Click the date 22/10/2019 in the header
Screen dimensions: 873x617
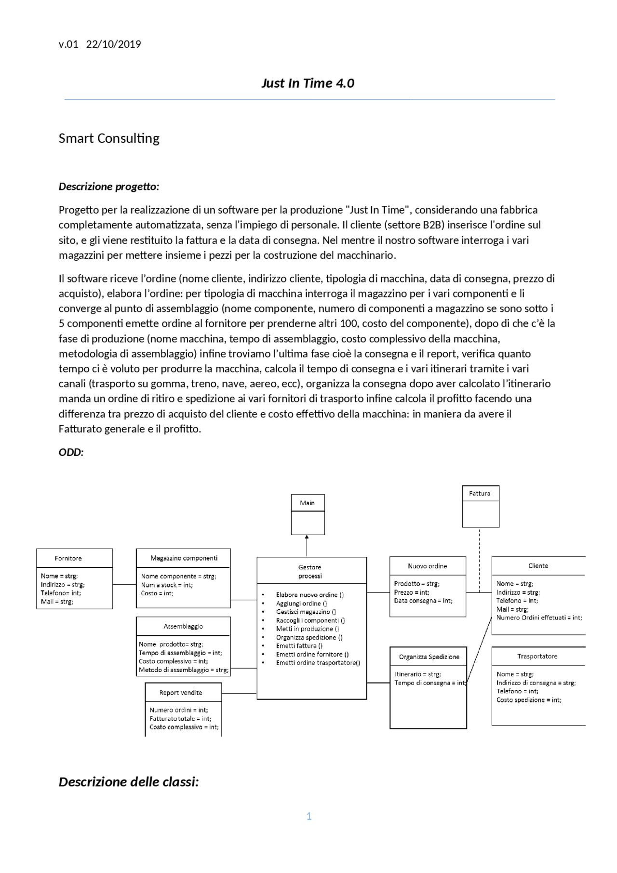click(x=113, y=44)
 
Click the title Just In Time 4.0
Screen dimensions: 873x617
click(x=308, y=83)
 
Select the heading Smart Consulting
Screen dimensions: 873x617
click(x=109, y=138)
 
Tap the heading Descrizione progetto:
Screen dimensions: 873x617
click(x=108, y=187)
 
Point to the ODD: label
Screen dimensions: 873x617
click(x=71, y=452)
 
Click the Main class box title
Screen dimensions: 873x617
click(x=307, y=503)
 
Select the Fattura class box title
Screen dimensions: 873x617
click(x=480, y=493)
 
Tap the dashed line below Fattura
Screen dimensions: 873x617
click(x=479, y=559)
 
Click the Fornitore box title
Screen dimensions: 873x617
click(x=68, y=558)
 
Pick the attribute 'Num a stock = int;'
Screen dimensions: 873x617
click(x=166, y=585)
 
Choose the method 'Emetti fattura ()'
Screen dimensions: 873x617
click(x=299, y=646)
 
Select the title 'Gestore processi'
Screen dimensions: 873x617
click(x=309, y=571)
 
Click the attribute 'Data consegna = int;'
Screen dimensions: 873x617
click(x=423, y=601)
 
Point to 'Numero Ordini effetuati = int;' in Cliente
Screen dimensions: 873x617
click(x=539, y=618)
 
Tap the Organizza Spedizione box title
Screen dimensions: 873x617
click(x=429, y=657)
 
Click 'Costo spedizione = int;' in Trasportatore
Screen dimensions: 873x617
click(x=528, y=700)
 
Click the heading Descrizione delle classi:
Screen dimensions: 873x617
click(x=129, y=781)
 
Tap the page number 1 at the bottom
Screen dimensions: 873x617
click(x=309, y=816)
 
